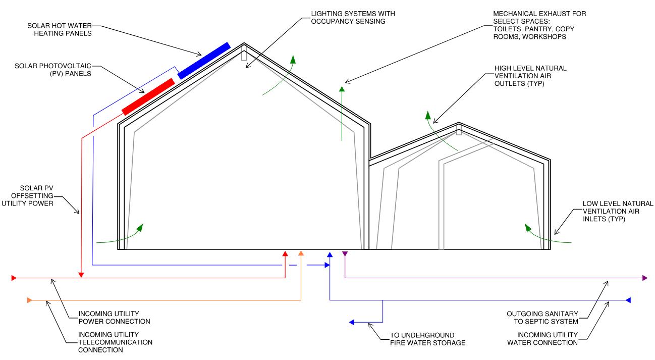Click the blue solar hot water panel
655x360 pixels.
204,61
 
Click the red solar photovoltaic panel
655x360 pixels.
148,96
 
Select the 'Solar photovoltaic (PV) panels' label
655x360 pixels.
56,70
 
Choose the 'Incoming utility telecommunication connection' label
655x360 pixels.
115,342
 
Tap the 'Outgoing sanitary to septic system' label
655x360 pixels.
542,318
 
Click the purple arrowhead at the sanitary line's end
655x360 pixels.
645,278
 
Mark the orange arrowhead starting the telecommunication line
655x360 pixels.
29,300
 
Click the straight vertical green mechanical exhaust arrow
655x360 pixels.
342,114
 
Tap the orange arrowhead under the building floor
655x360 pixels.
301,253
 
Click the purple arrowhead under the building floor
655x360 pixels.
345,253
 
